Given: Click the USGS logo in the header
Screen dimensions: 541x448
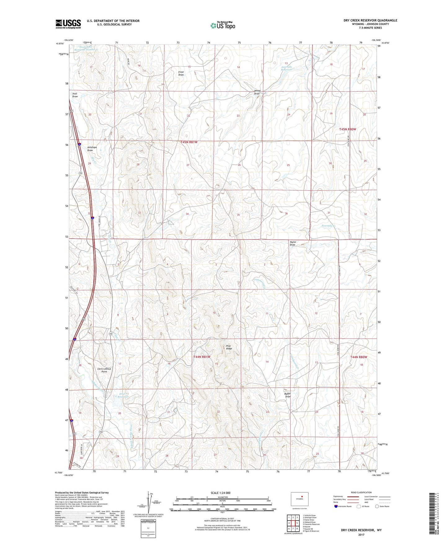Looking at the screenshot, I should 68,24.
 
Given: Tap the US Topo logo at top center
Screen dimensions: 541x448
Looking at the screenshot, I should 223,25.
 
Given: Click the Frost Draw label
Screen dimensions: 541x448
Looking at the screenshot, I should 181,73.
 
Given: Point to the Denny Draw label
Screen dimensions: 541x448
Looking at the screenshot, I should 257,92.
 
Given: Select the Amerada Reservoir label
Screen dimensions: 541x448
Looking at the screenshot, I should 286,68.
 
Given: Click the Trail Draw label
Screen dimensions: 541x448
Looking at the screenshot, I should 75,95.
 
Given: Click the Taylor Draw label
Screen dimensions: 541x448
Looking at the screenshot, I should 293,243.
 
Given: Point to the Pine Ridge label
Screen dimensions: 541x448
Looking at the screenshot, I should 229,347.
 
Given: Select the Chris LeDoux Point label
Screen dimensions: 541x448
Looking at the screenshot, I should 104,370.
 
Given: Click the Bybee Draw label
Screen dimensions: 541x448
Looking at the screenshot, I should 288,395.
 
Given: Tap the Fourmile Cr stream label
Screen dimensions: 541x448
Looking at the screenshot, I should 328,226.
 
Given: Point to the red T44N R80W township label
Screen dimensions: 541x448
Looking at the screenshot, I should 359,357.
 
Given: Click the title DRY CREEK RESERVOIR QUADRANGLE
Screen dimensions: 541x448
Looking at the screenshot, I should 370,20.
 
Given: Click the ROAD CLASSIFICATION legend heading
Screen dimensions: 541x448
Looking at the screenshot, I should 361,492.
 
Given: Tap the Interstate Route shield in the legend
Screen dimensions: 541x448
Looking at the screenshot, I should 336,506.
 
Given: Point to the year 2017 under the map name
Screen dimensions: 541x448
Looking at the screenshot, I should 361,534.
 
